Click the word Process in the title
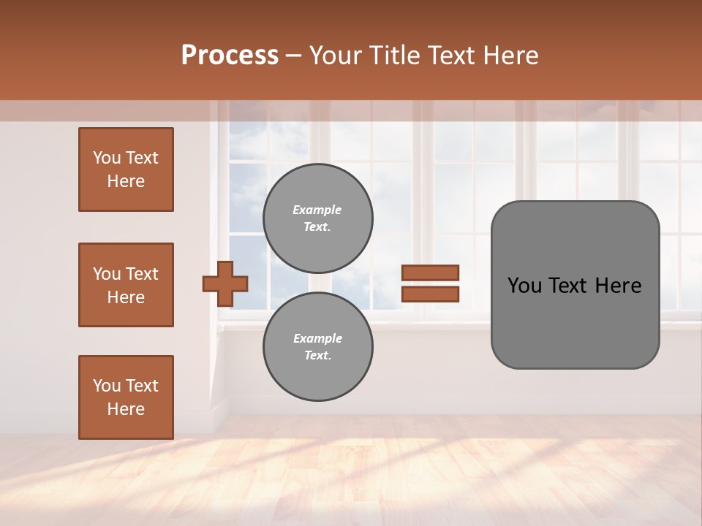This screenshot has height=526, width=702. point(230,56)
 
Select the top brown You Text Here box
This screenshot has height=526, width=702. point(126,169)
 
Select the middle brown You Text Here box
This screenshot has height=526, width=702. point(126,285)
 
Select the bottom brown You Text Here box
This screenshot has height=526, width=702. point(126,397)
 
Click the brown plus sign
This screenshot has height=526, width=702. point(225,283)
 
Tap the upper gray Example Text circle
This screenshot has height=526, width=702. point(318,218)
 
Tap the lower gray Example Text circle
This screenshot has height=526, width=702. point(318,347)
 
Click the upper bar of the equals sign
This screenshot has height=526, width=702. point(430,272)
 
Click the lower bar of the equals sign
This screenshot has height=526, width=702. point(430,294)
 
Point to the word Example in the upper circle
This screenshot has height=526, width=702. point(317,210)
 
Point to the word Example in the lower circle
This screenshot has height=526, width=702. point(317,338)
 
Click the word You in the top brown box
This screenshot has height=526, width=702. point(107,158)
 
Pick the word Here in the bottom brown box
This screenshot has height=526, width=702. point(126,409)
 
